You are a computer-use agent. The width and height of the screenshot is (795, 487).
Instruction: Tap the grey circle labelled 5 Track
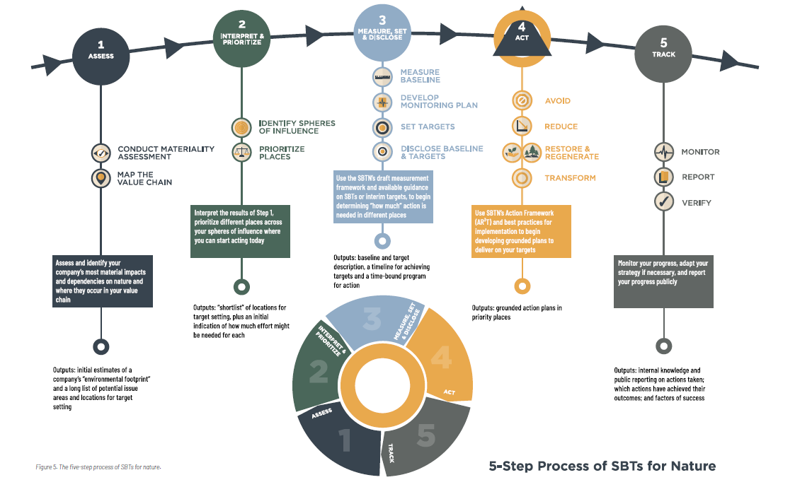point(663,51)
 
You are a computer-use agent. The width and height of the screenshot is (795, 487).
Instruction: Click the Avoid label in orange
point(557,101)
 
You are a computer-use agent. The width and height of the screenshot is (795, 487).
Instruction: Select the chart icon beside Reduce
point(522,127)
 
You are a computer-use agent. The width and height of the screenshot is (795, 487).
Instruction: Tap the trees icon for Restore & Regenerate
point(522,152)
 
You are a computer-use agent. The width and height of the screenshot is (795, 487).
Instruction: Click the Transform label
point(570,178)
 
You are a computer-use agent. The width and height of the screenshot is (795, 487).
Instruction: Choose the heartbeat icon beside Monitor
point(663,152)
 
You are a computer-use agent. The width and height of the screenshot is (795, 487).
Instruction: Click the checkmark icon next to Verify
point(663,203)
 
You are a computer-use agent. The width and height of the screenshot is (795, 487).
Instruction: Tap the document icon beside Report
point(663,177)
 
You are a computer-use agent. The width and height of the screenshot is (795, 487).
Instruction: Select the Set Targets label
point(428,127)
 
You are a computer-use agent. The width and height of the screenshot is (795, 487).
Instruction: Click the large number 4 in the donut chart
point(440,357)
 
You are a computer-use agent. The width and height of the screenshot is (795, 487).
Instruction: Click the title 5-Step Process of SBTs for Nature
point(602,466)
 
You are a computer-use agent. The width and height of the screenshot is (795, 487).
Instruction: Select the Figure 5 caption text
point(103,467)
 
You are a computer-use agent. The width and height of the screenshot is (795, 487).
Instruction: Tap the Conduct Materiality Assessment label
point(166,153)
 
